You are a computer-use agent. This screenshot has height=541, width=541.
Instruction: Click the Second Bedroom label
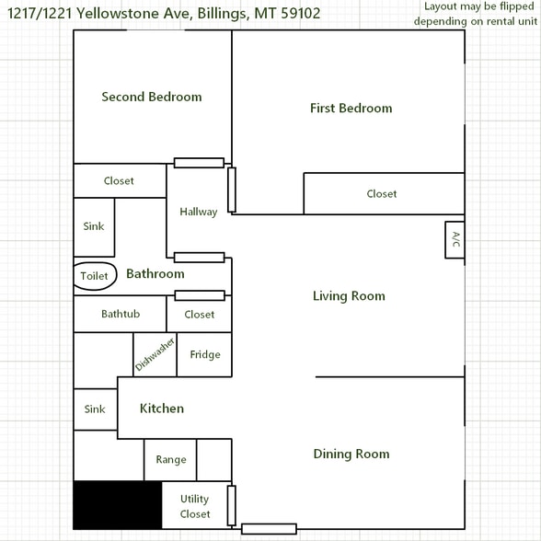(x=152, y=97)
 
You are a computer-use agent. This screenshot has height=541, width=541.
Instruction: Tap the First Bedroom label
(x=351, y=109)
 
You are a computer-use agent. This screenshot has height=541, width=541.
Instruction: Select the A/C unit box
(x=455, y=240)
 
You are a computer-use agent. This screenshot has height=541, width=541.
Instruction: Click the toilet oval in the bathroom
(x=95, y=276)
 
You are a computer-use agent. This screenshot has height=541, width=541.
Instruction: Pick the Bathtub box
(x=120, y=315)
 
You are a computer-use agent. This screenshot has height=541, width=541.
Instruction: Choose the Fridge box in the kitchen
(x=204, y=355)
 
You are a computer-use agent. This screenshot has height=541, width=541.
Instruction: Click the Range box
(x=170, y=460)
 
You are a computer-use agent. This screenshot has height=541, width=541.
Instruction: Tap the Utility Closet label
(x=195, y=507)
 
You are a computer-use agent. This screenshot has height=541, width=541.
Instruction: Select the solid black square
(x=118, y=505)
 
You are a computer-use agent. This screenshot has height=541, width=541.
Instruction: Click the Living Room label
(x=349, y=296)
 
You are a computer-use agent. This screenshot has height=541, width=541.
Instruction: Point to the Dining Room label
(x=351, y=454)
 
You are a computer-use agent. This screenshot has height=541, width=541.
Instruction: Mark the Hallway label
(x=199, y=212)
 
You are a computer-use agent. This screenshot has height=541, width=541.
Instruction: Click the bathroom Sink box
(x=94, y=226)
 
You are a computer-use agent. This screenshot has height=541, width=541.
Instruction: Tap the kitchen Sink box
(x=95, y=409)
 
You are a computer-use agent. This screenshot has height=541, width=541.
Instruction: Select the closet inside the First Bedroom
(x=383, y=194)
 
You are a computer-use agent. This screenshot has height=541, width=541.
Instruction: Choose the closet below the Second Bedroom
(x=119, y=181)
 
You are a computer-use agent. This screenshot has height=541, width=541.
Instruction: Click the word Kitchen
(x=162, y=409)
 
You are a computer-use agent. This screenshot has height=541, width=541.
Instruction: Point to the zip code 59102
(x=295, y=14)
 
